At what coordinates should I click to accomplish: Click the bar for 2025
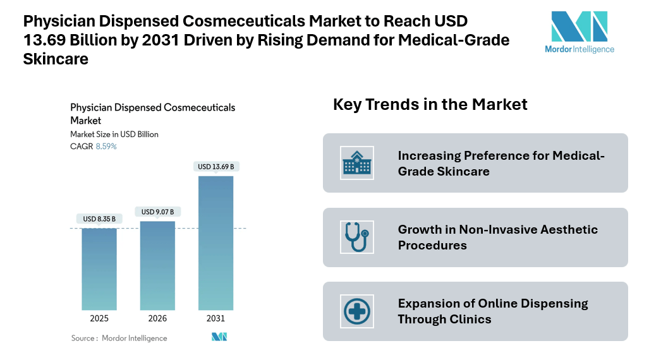coord(99,268)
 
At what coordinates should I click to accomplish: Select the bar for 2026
coord(157,265)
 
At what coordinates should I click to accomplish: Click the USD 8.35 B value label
coord(99,219)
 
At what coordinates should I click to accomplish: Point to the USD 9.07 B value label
coord(157,212)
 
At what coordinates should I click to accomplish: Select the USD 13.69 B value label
coord(215,167)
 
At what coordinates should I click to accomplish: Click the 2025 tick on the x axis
coord(99,318)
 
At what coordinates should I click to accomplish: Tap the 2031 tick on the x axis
coord(215,318)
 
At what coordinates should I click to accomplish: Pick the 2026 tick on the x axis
coord(157,318)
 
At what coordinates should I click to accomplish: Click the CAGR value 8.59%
coord(106,147)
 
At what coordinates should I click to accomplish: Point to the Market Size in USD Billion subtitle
coord(114,135)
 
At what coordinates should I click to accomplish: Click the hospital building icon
coord(356,163)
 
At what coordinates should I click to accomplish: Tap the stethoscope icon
coord(356,237)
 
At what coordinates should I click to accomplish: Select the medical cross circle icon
coord(356,311)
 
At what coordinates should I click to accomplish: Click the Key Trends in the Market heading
coord(430,104)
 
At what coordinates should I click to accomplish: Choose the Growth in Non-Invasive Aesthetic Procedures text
coord(497,237)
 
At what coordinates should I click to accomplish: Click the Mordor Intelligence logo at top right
coord(579,32)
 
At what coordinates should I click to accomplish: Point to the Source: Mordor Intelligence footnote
coord(119,338)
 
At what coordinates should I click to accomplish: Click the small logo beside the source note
coord(219,337)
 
